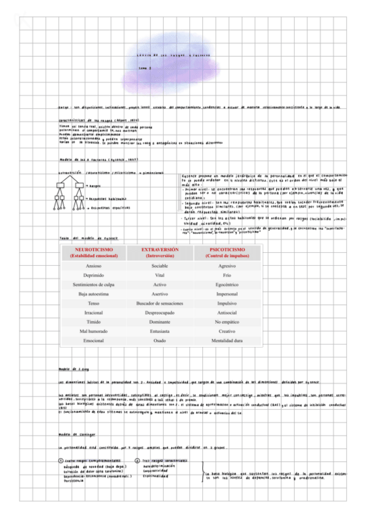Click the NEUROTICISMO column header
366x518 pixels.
(x=93, y=253)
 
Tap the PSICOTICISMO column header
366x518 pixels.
(x=227, y=253)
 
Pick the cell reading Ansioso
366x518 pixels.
(x=93, y=266)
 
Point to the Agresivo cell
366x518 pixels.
(x=227, y=266)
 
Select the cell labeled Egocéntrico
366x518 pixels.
(x=227, y=285)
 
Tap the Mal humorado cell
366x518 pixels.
(x=93, y=330)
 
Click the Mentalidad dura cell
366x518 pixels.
(x=227, y=340)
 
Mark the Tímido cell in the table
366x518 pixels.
(x=93, y=321)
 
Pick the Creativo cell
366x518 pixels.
(x=227, y=330)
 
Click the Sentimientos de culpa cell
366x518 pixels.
(x=93, y=285)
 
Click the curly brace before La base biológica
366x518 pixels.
(x=204, y=473)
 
